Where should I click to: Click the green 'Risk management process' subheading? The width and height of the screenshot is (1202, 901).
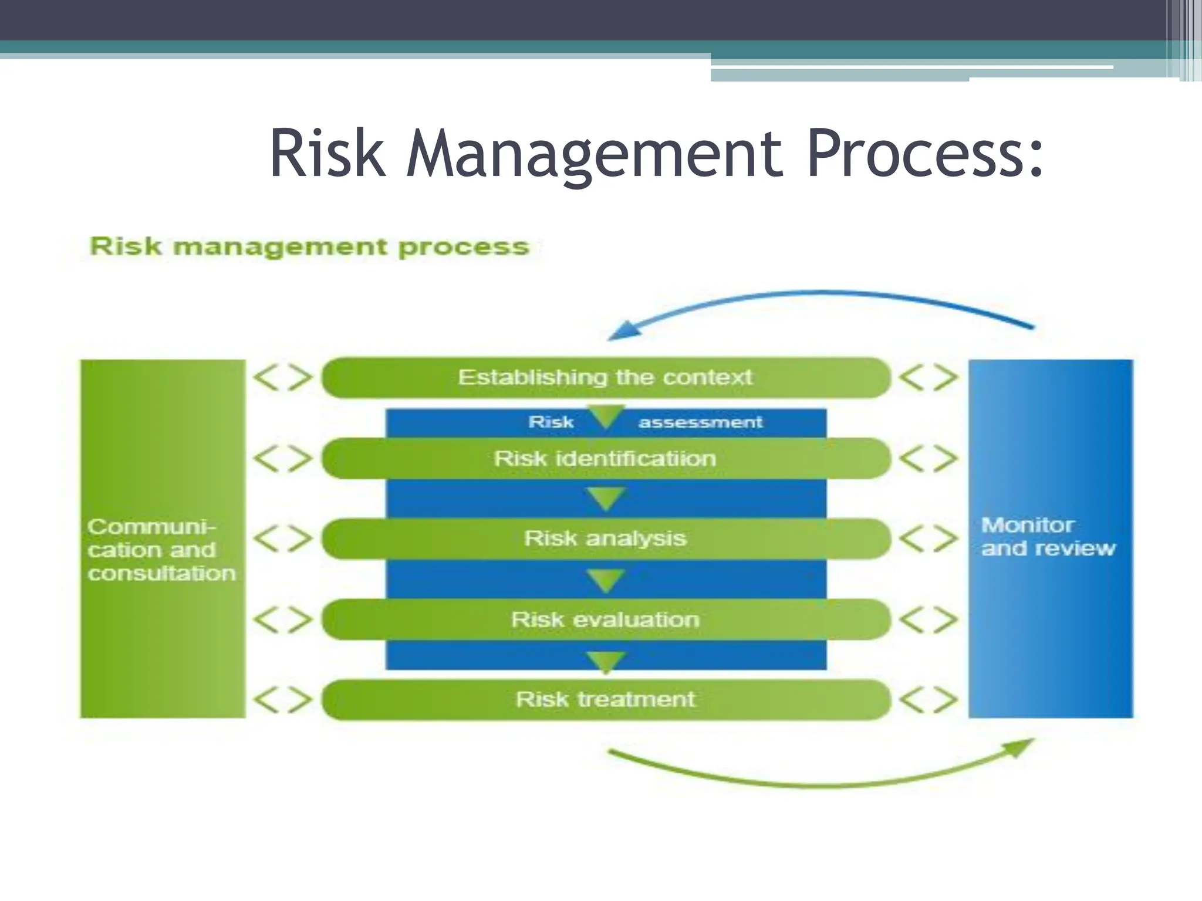(310, 247)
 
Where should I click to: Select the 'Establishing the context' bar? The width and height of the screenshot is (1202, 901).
(606, 377)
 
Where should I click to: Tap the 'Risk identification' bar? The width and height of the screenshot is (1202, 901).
(606, 458)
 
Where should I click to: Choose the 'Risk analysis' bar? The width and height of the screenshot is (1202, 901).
(606, 538)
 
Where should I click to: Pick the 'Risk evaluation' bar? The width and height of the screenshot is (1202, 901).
(606, 619)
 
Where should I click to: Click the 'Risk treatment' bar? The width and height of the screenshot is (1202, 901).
(606, 699)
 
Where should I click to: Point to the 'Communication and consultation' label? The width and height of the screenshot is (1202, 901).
(161, 550)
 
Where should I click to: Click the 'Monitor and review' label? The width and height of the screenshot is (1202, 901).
(1048, 537)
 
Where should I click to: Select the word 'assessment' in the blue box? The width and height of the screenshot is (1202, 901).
(700, 422)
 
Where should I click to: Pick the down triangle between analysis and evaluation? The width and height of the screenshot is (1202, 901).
(606, 580)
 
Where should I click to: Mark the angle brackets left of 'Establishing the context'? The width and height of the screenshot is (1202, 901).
(283, 377)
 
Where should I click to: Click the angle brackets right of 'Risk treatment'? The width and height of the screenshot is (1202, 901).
(928, 699)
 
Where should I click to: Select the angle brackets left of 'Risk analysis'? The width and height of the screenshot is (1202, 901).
(283, 538)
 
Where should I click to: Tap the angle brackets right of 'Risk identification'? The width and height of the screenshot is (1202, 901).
(928, 458)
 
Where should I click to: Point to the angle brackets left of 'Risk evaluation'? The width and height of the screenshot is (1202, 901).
(283, 619)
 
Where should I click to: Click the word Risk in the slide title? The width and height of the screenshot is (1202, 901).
(327, 154)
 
